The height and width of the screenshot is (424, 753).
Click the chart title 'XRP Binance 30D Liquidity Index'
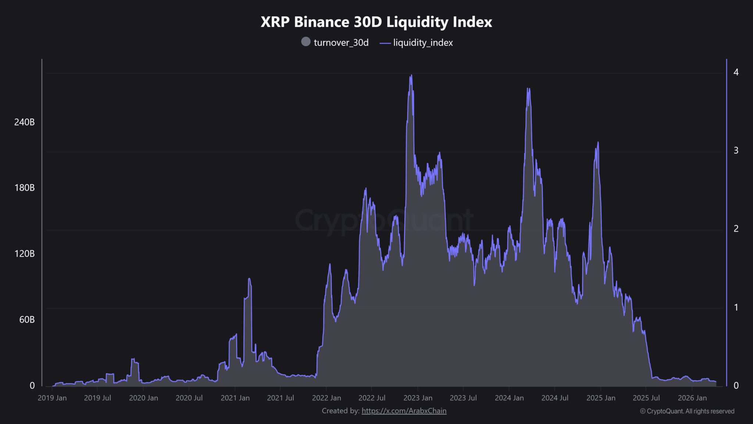click(376, 22)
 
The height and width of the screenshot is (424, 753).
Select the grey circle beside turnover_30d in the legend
click(306, 42)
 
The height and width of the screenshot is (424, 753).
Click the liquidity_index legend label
click(422, 43)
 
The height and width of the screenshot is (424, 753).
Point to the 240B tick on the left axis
click(24, 122)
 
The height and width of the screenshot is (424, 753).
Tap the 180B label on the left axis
click(24, 188)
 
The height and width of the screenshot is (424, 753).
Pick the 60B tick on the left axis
click(27, 319)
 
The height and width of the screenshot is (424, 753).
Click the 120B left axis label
click(24, 254)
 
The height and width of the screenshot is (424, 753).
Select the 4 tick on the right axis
click(736, 72)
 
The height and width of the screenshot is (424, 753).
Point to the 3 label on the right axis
click(736, 150)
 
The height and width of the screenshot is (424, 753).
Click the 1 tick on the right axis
click(736, 307)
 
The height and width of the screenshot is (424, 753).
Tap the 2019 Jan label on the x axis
click(52, 398)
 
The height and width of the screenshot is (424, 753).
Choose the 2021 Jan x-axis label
click(235, 398)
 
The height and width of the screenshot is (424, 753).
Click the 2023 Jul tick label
click(463, 398)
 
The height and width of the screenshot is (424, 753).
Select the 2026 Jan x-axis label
click(692, 398)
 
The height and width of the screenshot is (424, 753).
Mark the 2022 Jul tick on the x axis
click(372, 398)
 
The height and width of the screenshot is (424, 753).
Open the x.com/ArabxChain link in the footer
click(404, 411)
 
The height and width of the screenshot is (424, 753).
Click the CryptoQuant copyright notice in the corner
click(687, 411)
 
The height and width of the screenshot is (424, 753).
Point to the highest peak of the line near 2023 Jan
click(411, 75)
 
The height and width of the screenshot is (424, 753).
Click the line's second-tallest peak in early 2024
click(528, 89)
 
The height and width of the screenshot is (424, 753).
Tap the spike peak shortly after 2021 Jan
click(249, 279)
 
